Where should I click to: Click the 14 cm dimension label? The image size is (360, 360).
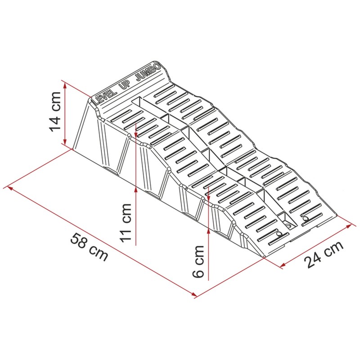pos(55,112)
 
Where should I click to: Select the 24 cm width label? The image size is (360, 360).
pos(324,254)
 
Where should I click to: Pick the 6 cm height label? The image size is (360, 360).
pos(198,261)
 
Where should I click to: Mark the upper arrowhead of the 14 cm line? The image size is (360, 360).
pos(65,86)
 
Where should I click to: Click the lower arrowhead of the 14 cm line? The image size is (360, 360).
pos(65,141)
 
